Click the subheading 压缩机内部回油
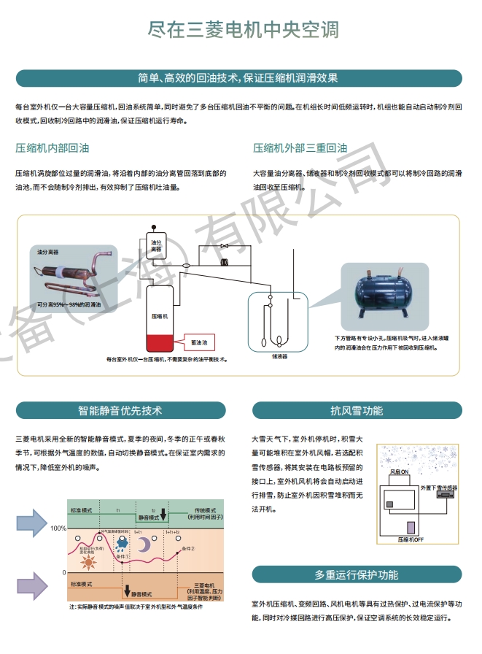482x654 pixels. click(x=53, y=147)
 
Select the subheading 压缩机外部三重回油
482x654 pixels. click(x=299, y=147)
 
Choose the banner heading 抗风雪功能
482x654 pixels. click(x=357, y=410)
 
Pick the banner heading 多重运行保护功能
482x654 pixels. click(x=357, y=574)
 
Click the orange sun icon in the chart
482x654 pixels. click(x=89, y=563)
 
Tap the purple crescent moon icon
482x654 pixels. click(x=145, y=545)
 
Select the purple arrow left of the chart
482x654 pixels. click(x=32, y=586)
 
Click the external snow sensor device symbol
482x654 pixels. click(x=442, y=494)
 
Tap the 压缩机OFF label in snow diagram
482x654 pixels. click(x=412, y=540)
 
